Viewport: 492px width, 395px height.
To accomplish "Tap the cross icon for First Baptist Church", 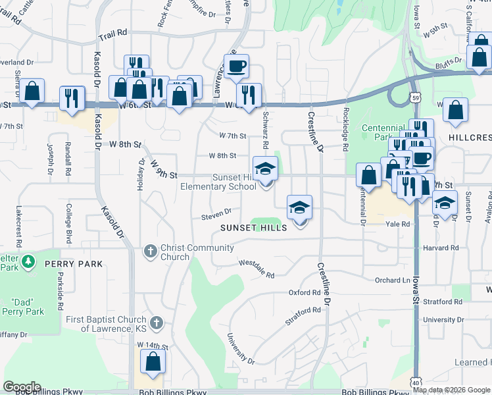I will click(x=156, y=323).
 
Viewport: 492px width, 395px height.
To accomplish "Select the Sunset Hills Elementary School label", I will click(x=218, y=182).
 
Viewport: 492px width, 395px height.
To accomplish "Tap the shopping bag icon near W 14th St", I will click(x=153, y=362).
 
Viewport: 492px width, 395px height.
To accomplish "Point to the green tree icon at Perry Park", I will click(x=28, y=262).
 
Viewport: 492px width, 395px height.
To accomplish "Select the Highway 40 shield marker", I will click(x=415, y=382).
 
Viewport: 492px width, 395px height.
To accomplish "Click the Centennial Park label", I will click(x=383, y=132).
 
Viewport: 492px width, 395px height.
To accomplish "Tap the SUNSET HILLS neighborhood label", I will click(x=254, y=227).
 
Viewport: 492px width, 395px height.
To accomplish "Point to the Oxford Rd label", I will click(x=304, y=292).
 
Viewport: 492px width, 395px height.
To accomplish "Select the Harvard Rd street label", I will click(x=441, y=248).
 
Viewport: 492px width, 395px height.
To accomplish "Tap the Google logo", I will click(x=22, y=387).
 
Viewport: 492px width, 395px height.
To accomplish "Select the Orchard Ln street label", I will click(x=392, y=280).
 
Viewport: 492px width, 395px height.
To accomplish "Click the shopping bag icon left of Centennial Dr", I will click(x=369, y=176).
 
